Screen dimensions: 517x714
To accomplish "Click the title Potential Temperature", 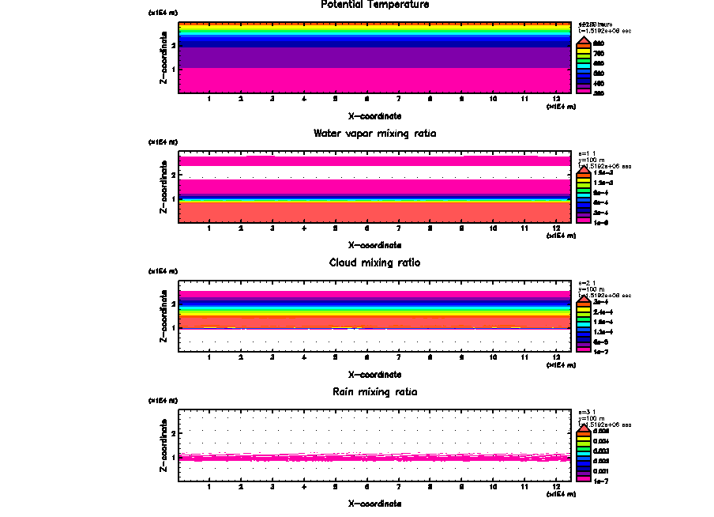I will pyautogui.click(x=374, y=5).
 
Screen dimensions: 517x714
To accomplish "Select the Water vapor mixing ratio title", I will pyautogui.click(x=374, y=134).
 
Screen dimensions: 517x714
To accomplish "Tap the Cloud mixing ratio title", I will pyautogui.click(x=374, y=262).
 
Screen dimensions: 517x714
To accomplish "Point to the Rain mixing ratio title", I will pyautogui.click(x=374, y=392).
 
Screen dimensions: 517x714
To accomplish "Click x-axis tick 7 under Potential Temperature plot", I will pyautogui.click(x=398, y=99).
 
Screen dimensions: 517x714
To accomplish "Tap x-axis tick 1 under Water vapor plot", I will pyautogui.click(x=209, y=228).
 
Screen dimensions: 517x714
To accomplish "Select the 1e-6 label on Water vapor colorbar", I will pyautogui.click(x=600, y=222).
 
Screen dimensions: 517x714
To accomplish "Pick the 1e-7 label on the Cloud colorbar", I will pyautogui.click(x=600, y=351).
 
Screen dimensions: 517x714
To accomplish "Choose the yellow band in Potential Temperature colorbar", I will pyautogui.click(x=583, y=53).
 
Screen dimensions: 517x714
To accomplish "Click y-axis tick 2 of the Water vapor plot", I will pyautogui.click(x=172, y=174).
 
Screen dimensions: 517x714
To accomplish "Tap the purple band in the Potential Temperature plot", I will pyautogui.click(x=374, y=57).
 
